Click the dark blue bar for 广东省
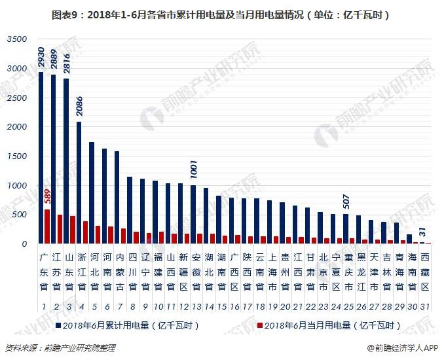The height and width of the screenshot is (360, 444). point(41,158)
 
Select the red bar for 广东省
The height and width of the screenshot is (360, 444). point(47,226)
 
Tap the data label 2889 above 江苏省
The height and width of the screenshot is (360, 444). point(54,60)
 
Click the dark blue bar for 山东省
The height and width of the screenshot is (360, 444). point(66,161)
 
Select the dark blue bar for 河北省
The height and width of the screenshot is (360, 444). point(92,193)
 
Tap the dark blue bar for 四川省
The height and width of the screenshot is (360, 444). point(130,210)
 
